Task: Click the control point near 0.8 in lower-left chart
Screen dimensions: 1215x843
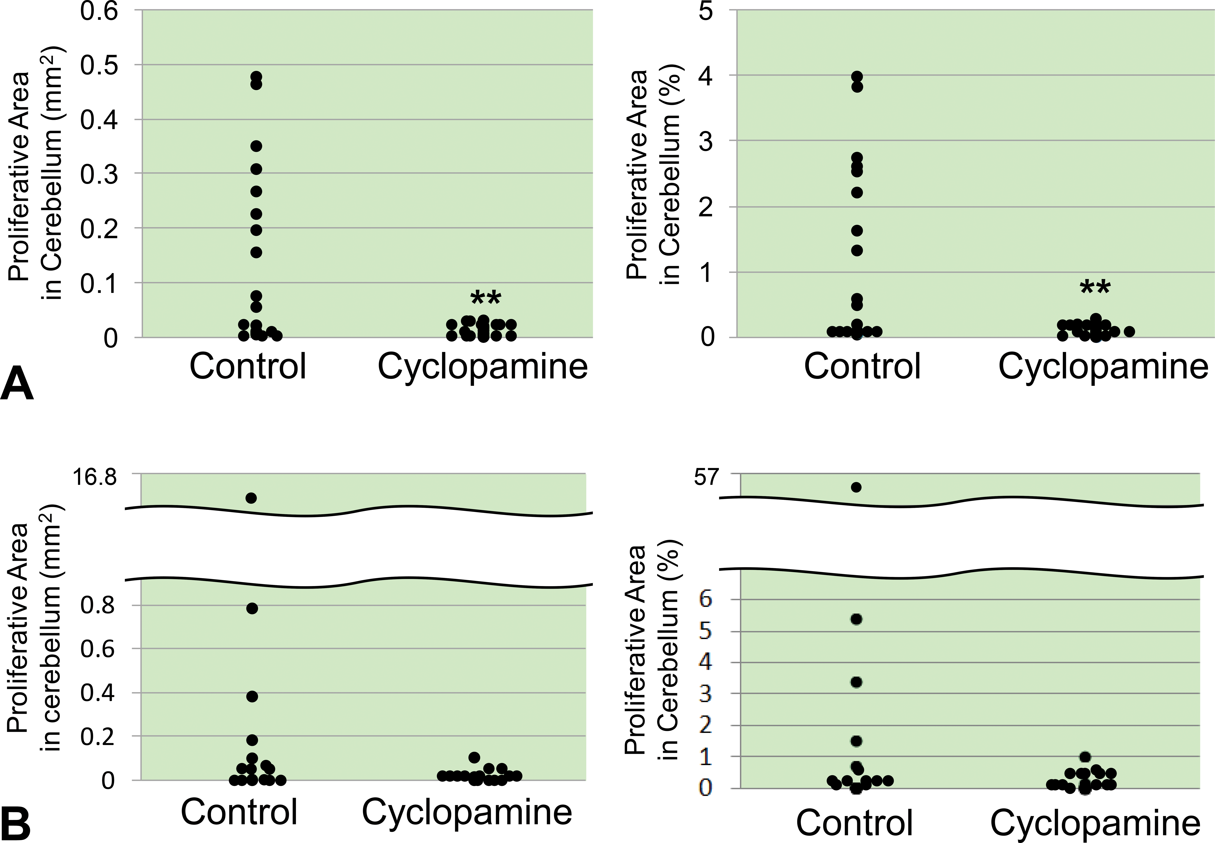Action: pyautogui.click(x=252, y=608)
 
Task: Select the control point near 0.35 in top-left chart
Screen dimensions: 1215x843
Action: pyautogui.click(x=256, y=146)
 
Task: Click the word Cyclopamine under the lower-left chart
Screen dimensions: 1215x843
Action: pyautogui.click(x=466, y=812)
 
